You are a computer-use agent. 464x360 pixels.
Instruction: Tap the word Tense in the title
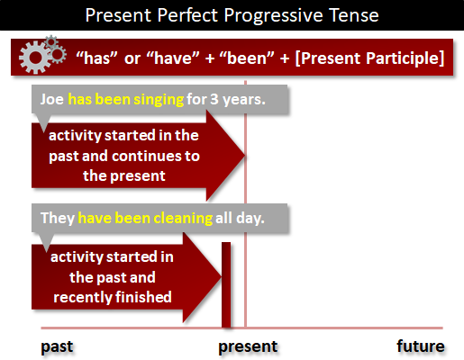[353, 15]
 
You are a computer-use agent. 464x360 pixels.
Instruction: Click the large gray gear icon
[35, 57]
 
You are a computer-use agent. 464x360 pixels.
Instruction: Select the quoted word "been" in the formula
[247, 58]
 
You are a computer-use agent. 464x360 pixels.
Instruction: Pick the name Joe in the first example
[52, 99]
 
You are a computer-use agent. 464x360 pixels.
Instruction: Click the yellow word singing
[159, 100]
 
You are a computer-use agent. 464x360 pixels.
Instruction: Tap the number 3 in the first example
[214, 99]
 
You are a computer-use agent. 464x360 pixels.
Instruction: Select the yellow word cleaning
[183, 219]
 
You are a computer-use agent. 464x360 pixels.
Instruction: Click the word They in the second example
[58, 219]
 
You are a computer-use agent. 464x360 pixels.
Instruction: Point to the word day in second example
[250, 219]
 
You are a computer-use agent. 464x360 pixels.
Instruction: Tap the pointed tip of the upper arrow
[245, 156]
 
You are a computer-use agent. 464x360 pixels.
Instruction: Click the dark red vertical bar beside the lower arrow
[226, 284]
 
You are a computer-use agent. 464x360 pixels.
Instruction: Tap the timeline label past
[57, 347]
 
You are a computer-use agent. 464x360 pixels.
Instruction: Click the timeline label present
[248, 347]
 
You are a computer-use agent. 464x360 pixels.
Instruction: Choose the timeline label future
[421, 346]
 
